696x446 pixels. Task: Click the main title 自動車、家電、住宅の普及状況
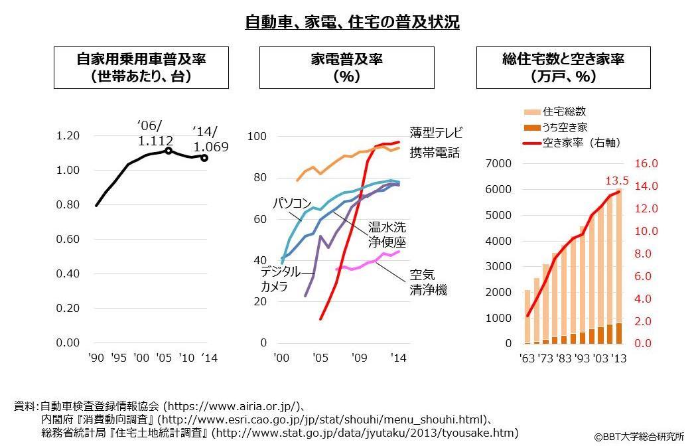pos(352,22)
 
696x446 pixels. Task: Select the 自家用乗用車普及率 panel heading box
pos(141,68)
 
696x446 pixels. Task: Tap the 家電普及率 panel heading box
pos(346,68)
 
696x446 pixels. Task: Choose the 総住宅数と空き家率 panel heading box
pos(563,68)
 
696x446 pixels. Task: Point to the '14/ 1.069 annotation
pos(211,138)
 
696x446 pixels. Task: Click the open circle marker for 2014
pos(204,158)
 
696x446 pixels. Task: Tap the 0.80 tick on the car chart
pos(68,205)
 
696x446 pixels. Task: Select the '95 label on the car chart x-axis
pos(119,358)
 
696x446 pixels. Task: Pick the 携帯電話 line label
pos(435,153)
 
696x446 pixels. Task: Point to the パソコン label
pos(291,203)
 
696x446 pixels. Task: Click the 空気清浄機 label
pos(428,281)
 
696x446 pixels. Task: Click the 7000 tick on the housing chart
pos(500,163)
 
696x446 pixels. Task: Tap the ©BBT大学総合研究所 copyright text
pos(638,437)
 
